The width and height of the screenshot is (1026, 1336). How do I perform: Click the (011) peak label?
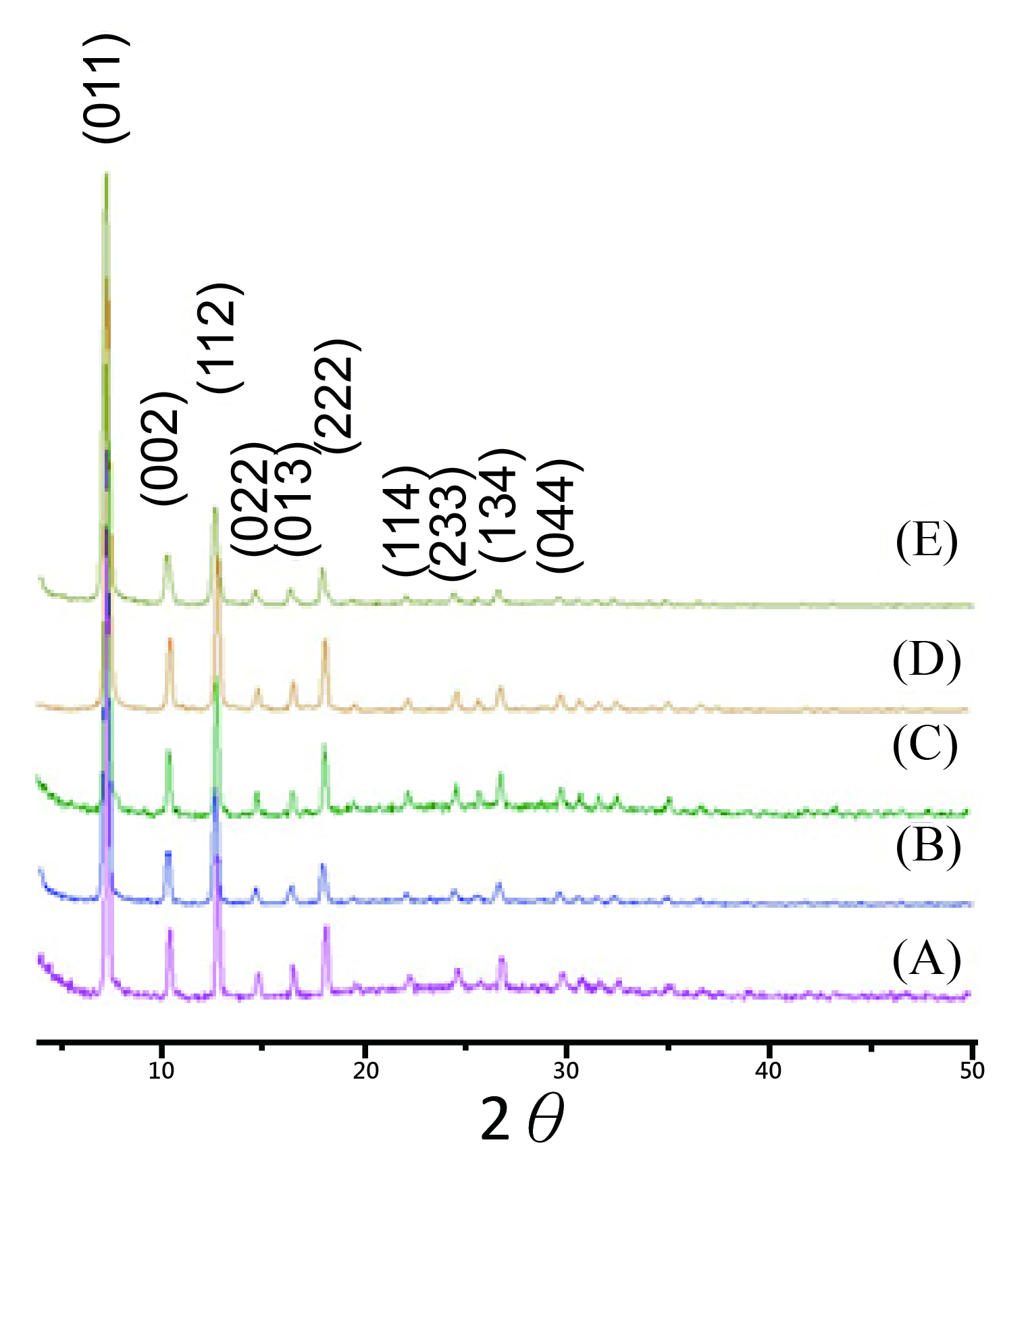[105, 88]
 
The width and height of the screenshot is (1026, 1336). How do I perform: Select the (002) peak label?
[163, 447]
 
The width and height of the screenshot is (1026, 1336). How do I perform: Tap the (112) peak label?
[220, 338]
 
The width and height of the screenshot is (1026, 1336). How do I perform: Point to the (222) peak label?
[336, 396]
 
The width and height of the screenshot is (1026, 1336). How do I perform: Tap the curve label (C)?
[925, 745]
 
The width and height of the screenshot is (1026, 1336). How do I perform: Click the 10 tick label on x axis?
[161, 1071]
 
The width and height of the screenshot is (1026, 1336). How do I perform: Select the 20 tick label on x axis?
[365, 1071]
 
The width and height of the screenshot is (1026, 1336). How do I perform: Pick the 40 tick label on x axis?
[768, 1071]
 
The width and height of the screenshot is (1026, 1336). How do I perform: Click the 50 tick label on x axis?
[971, 1071]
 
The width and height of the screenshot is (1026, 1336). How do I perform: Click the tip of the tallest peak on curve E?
[106, 174]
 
